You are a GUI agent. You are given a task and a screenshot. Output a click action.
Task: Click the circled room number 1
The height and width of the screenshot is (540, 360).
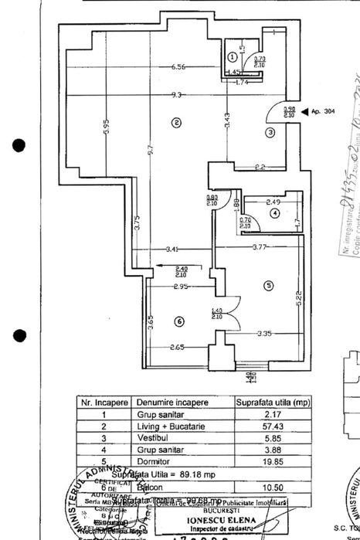(x=233, y=56)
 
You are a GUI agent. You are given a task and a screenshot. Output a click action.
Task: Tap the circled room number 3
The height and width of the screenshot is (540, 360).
(x=270, y=133)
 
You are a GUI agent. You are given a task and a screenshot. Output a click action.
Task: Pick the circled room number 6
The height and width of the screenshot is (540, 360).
(x=178, y=321)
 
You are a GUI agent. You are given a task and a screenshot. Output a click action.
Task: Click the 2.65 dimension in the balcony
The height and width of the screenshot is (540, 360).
(x=178, y=348)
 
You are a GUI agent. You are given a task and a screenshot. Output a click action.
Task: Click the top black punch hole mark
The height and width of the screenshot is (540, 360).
(x=19, y=144)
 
